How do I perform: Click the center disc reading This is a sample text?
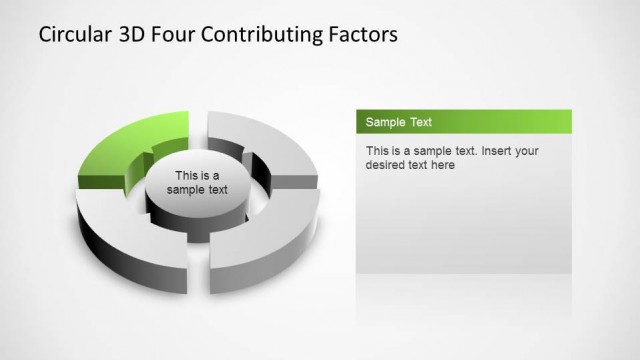(x=197, y=183)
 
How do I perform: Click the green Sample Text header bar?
(x=464, y=122)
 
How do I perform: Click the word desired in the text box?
(x=387, y=165)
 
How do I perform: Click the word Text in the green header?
(x=421, y=122)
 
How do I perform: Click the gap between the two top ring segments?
(x=197, y=126)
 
